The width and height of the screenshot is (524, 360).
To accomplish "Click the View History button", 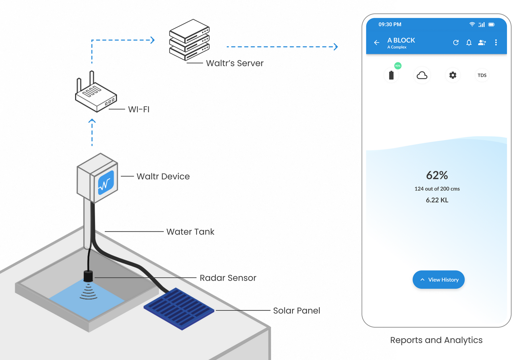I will tap(438, 280).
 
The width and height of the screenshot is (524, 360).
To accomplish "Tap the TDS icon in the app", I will tap(482, 75).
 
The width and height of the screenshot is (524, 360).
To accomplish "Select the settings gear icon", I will tap(453, 75).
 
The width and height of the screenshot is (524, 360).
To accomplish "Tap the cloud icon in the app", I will tap(422, 75).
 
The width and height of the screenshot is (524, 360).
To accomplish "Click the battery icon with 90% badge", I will tap(391, 75).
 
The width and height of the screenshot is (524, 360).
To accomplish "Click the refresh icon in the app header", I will tap(456, 42).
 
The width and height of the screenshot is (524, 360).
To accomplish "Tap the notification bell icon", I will tap(469, 42).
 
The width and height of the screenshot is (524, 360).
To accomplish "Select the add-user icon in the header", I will tap(482, 42).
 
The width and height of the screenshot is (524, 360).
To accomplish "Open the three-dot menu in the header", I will tap(496, 42).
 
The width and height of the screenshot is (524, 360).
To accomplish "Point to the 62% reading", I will tap(437, 175).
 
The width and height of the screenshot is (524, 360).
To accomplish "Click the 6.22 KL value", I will tap(437, 200).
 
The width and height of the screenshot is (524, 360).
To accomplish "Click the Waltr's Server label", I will tap(235, 63).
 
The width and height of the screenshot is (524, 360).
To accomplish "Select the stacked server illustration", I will tap(189, 40).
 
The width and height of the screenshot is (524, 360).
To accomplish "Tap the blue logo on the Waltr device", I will tap(106, 183).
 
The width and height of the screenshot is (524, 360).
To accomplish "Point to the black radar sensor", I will tap(88, 276).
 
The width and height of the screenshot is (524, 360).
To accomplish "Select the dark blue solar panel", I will tap(179, 309).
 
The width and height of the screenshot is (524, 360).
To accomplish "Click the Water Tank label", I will tap(190, 232).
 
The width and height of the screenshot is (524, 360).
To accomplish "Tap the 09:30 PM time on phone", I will tap(390, 24).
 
